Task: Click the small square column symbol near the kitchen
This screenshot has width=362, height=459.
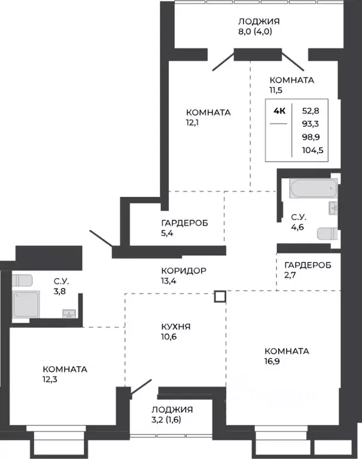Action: click(x=220, y=296)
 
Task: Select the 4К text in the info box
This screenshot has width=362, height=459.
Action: click(x=279, y=110)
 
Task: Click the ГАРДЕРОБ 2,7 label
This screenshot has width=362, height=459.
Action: click(x=307, y=265)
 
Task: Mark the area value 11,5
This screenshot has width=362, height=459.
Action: click(x=276, y=90)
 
